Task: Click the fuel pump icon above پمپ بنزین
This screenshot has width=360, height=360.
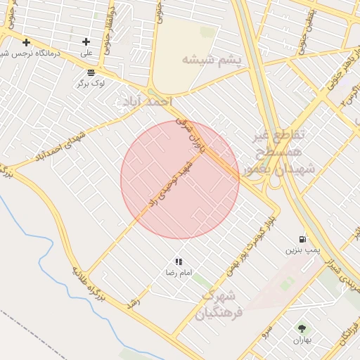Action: click(x=302, y=239)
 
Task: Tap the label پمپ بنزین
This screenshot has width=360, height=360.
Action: click(x=302, y=250)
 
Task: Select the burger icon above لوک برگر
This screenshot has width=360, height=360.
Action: click(x=91, y=72)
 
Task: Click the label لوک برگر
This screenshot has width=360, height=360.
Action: click(x=91, y=83)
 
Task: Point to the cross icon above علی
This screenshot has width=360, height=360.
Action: click(x=86, y=42)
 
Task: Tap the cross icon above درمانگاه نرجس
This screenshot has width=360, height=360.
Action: click(x=26, y=42)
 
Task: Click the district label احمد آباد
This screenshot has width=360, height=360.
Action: click(x=146, y=103)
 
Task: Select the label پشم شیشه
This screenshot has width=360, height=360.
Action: click(x=211, y=60)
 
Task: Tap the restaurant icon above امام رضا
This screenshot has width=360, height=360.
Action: click(x=179, y=262)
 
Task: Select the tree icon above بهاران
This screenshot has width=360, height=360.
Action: click(x=302, y=328)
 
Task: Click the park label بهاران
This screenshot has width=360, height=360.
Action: click(x=302, y=340)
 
